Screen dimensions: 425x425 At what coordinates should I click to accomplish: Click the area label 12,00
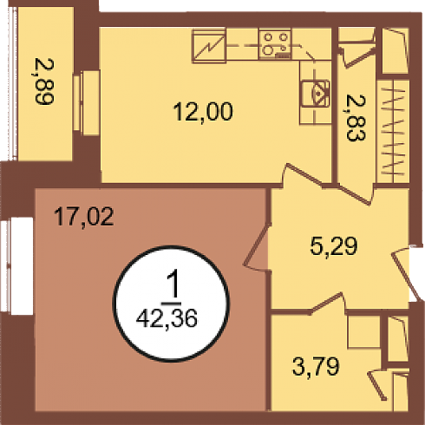203,111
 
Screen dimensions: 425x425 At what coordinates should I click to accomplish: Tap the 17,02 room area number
84,217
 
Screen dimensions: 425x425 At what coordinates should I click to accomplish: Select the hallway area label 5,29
334,246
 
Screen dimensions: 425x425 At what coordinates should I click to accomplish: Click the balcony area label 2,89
44,82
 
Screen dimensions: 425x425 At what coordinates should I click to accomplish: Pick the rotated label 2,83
356,118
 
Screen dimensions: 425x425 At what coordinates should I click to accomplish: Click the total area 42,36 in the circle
167,318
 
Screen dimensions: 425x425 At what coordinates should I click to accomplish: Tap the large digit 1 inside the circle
173,286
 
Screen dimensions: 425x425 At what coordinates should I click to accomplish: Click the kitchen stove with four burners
275,44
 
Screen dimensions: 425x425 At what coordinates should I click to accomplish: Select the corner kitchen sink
316,93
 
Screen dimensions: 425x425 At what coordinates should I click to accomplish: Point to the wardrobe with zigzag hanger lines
393,131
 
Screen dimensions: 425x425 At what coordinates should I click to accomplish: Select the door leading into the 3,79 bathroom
327,304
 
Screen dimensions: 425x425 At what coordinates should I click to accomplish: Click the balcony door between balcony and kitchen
86,102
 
